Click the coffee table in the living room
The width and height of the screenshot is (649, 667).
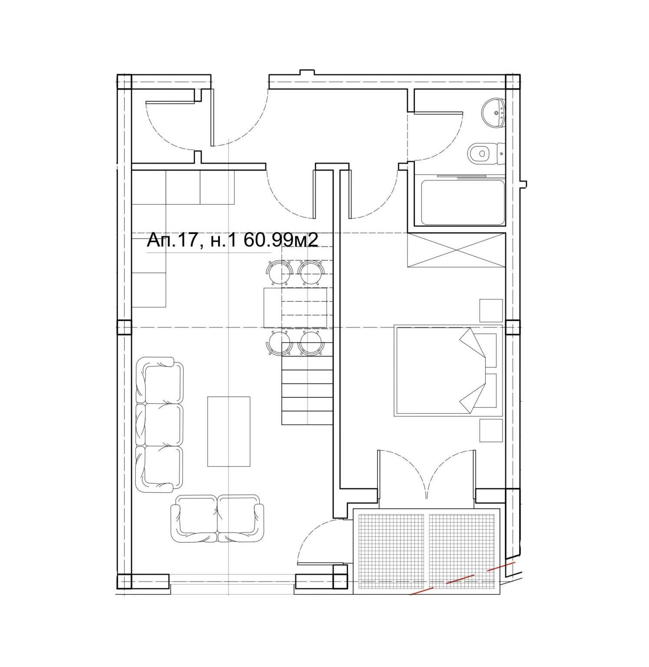pyautogui.click(x=229, y=431)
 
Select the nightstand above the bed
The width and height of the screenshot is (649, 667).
pyautogui.click(x=491, y=310)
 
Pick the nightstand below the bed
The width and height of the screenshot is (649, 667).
pyautogui.click(x=491, y=430)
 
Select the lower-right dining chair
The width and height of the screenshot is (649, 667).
pyautogui.click(x=311, y=343)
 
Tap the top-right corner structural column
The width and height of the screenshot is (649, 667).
pyautogui.click(x=513, y=82)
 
